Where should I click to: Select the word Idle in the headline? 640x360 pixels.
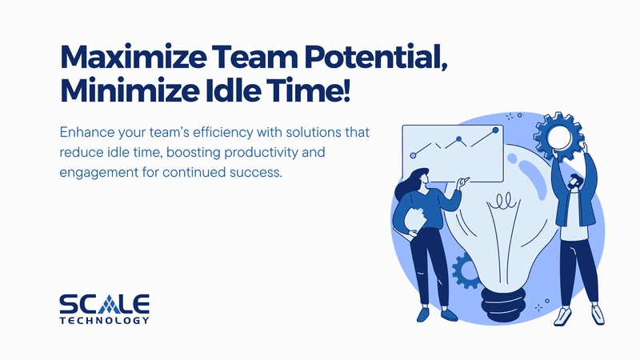pyautogui.click(x=233, y=90)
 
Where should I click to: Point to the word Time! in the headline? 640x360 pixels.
pyautogui.click(x=309, y=90)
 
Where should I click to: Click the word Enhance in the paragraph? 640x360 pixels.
pyautogui.click(x=86, y=132)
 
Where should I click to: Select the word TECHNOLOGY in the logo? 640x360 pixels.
pyautogui.click(x=105, y=321)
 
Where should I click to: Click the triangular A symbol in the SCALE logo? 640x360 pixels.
pyautogui.click(x=110, y=304)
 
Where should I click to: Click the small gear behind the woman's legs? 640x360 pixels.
pyautogui.click(x=465, y=271)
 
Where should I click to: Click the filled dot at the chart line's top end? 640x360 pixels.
pyautogui.click(x=495, y=130)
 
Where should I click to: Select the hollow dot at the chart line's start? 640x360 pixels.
pyautogui.click(x=413, y=155)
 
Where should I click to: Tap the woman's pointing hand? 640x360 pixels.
pyautogui.click(x=463, y=182)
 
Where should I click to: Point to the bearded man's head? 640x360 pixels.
pyautogui.click(x=575, y=182)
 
